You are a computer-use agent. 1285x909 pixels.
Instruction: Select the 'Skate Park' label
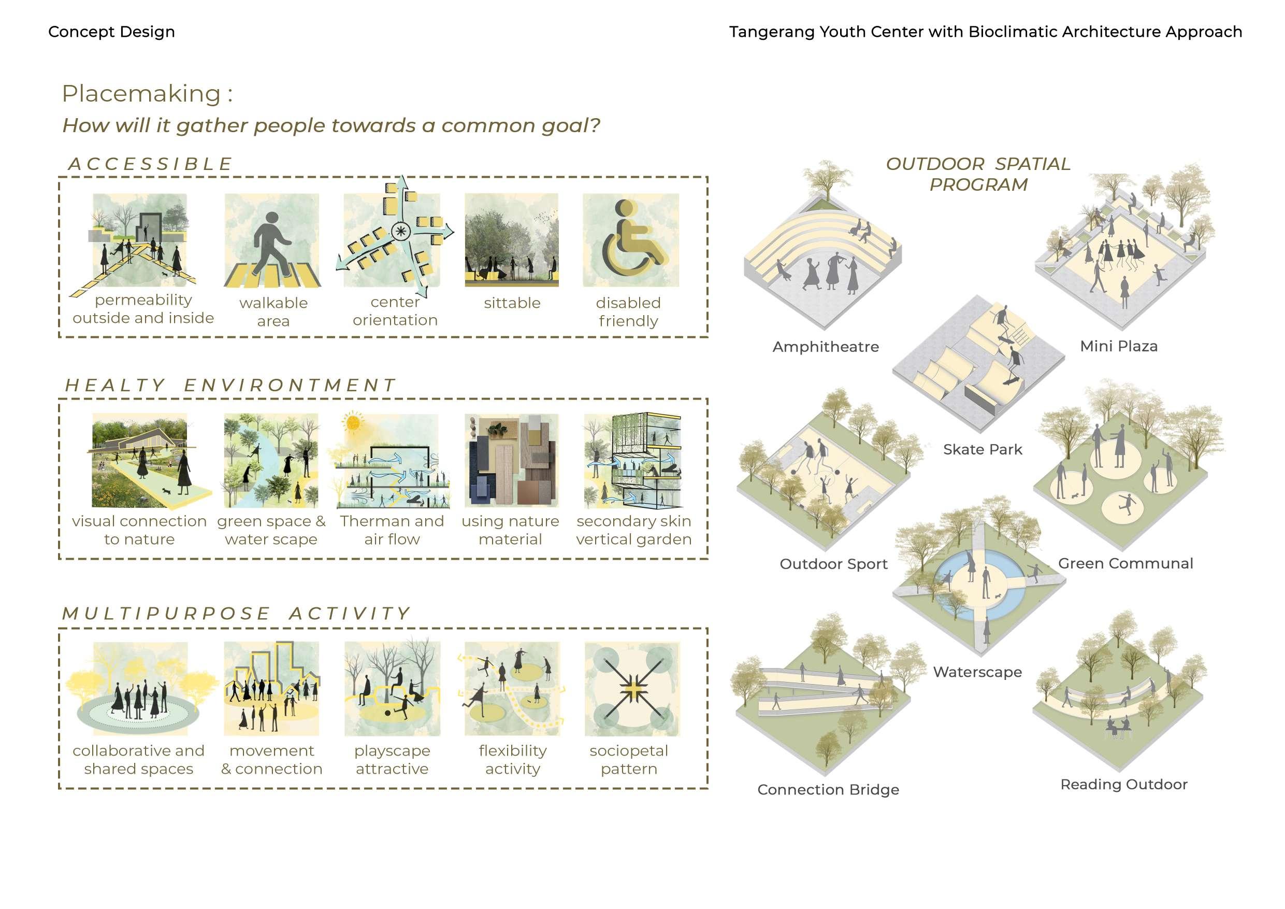tap(982, 449)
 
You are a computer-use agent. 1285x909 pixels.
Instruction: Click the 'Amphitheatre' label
tap(826, 347)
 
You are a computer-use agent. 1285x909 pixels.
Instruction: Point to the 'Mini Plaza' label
tap(1118, 346)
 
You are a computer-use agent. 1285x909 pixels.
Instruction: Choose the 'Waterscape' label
tap(977, 672)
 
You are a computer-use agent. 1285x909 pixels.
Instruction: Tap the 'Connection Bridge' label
tap(828, 789)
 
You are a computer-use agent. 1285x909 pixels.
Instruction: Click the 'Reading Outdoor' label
tap(1123, 784)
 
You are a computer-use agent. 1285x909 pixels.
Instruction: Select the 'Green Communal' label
tap(1125, 563)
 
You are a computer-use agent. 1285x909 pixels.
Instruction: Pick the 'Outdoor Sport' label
tap(833, 564)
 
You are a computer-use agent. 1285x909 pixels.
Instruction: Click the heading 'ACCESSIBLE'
tap(150, 164)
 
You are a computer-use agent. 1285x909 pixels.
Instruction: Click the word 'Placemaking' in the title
tap(141, 93)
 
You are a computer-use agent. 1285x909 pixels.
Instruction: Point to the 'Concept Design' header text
tap(111, 32)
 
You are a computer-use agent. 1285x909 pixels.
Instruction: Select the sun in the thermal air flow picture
tap(353, 422)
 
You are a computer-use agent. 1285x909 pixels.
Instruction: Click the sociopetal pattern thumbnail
tap(632, 688)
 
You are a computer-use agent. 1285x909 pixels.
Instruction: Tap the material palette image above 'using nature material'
tap(511, 460)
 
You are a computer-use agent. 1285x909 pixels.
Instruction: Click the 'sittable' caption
tap(512, 303)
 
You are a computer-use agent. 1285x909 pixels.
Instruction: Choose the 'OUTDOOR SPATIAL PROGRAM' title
tap(978, 174)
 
